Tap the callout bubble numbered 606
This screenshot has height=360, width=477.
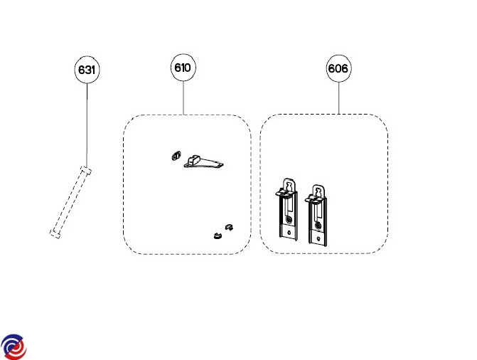pos(338,69)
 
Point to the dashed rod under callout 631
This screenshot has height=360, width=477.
pos(70,203)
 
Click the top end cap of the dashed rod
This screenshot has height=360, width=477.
pos(86,171)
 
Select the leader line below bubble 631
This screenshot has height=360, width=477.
pos(87,121)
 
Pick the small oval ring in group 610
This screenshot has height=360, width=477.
pos(176,156)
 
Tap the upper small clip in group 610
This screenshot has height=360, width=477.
pos(228,227)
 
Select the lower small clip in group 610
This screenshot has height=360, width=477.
pos(215,235)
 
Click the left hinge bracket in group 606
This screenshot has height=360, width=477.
pos(287,211)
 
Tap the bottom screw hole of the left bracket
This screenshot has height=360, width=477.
pos(288,231)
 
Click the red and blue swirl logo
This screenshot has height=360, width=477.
pos(14,346)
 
